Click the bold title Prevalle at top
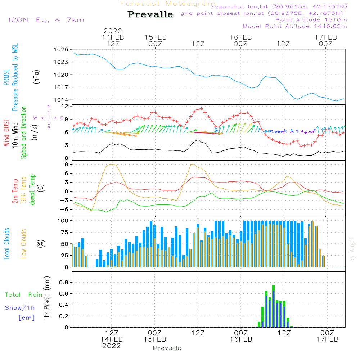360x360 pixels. [150, 14]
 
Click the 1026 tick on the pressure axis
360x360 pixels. [61, 50]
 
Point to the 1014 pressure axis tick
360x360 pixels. [61, 100]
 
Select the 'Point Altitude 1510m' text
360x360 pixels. [311, 20]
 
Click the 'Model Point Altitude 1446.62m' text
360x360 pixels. [295, 26]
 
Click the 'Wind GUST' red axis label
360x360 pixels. [6, 132]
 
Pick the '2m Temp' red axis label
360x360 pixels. [15, 191]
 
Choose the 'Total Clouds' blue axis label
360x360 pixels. [6, 244]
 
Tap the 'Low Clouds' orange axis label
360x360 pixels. [24, 244]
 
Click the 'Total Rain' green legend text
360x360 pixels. [24, 294]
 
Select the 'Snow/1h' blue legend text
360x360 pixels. [20, 308]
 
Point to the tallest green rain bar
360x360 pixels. [274, 306]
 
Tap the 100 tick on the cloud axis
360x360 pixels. [63, 221]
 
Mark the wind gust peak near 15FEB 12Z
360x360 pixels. [202, 108]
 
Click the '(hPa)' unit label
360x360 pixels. [36, 77]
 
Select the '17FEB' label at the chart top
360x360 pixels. [325, 37]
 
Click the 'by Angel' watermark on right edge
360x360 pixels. [352, 249]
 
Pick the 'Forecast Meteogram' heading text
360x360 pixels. [168, 4]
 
